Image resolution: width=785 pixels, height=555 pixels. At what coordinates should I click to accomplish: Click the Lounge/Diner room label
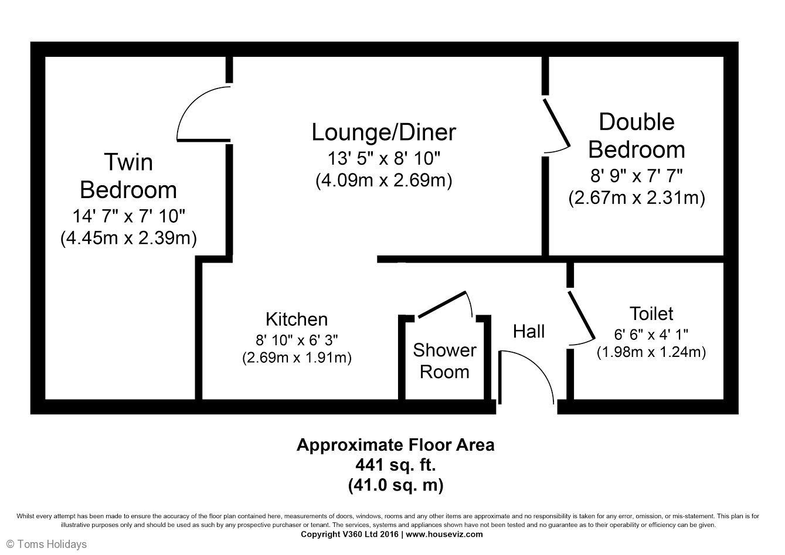click(384, 132)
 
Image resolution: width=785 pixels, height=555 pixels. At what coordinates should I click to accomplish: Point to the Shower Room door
click(442, 305)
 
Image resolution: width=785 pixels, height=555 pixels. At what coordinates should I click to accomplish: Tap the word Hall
click(529, 332)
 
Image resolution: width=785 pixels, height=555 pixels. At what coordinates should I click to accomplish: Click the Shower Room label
click(445, 361)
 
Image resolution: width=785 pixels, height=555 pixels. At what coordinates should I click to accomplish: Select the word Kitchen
click(297, 319)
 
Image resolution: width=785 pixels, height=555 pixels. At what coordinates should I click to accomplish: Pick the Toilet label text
click(651, 314)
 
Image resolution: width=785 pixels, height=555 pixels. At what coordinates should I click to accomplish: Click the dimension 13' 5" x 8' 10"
click(384, 158)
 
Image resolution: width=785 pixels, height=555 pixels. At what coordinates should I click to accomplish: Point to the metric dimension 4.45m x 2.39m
click(128, 239)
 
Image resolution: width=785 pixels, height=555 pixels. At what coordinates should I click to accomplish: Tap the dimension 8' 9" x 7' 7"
click(637, 176)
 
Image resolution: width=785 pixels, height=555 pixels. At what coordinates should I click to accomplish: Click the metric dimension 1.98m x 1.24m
click(651, 352)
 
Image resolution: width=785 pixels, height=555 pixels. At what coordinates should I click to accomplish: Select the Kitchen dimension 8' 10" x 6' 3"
click(297, 340)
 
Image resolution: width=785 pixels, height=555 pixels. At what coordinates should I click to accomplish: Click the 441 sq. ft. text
click(396, 465)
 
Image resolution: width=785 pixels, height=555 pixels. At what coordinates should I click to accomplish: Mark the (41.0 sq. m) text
click(396, 485)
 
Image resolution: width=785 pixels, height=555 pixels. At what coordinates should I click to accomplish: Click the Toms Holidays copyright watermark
click(47, 544)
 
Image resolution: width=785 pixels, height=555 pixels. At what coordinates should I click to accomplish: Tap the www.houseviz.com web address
click(444, 534)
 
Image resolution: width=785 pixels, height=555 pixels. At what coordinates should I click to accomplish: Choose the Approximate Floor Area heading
click(396, 445)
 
